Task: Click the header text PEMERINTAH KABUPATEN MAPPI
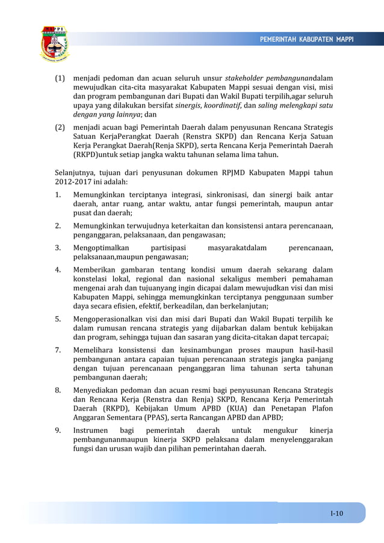click(306, 40)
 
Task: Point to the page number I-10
click(336, 513)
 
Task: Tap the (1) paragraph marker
click(61, 79)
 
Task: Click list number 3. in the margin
click(58, 248)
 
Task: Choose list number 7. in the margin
click(58, 351)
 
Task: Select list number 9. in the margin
click(58, 431)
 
